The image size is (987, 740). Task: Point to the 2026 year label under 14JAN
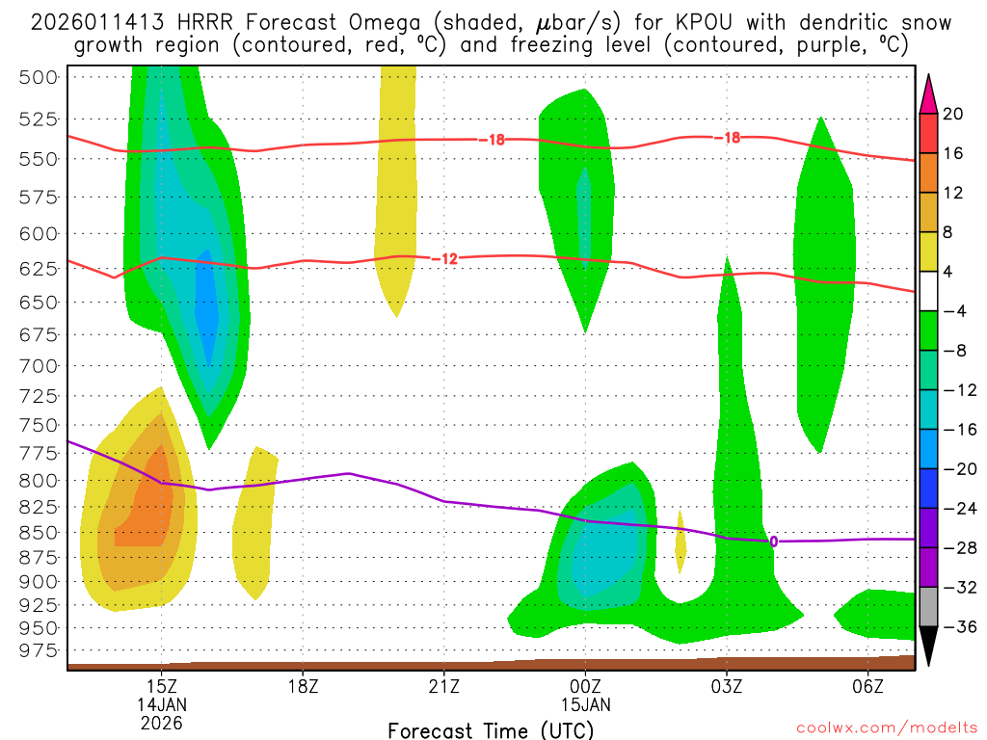[x=161, y=722]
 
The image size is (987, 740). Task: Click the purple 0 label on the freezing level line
[x=773, y=542]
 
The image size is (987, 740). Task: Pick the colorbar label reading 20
[x=952, y=114]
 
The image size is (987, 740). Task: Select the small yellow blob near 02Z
[x=680, y=542]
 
